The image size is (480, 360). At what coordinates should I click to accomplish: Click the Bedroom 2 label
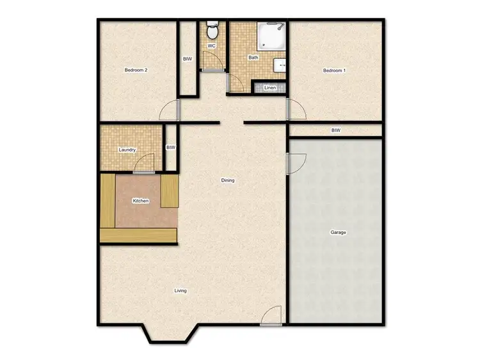click(136, 70)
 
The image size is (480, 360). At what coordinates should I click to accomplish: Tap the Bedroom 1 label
click(334, 70)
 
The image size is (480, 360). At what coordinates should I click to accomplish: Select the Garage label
click(338, 232)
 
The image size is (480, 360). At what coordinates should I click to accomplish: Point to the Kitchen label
click(140, 201)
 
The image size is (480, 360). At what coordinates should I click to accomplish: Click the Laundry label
click(127, 150)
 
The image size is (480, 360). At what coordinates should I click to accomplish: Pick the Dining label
click(228, 180)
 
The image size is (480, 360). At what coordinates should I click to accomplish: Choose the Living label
click(180, 291)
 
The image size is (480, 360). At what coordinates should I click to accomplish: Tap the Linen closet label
click(270, 88)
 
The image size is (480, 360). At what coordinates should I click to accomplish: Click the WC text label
click(211, 46)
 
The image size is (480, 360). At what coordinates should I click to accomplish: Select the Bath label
click(253, 58)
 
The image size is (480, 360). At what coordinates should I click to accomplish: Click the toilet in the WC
click(212, 31)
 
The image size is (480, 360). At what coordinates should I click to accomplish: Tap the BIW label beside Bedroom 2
click(188, 59)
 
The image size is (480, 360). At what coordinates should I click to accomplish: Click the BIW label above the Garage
click(335, 130)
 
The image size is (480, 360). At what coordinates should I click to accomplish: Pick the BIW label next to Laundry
click(170, 148)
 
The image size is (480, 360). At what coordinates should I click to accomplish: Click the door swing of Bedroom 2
click(169, 111)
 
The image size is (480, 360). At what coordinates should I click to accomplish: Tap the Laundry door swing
click(145, 164)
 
